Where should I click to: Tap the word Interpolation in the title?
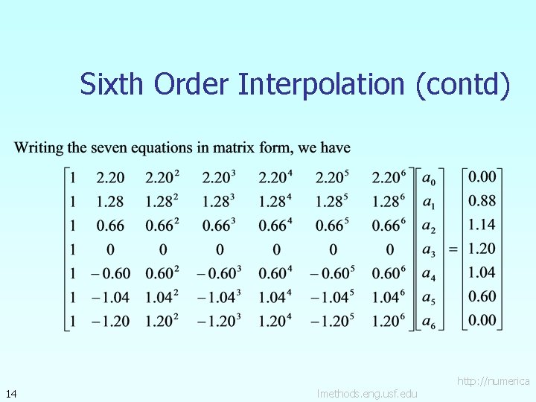(x=323, y=84)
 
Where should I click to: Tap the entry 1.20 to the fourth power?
(x=276, y=322)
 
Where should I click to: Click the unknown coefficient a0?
(x=429, y=179)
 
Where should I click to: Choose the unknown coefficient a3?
(x=429, y=250)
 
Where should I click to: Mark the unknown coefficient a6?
(x=429, y=322)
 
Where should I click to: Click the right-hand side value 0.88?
(x=482, y=200)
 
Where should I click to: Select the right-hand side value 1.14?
(x=482, y=224)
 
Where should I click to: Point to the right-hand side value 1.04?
(x=482, y=272)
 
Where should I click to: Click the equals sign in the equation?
(x=453, y=249)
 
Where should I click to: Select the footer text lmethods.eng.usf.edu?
(x=367, y=393)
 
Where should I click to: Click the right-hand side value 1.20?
(x=482, y=249)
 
